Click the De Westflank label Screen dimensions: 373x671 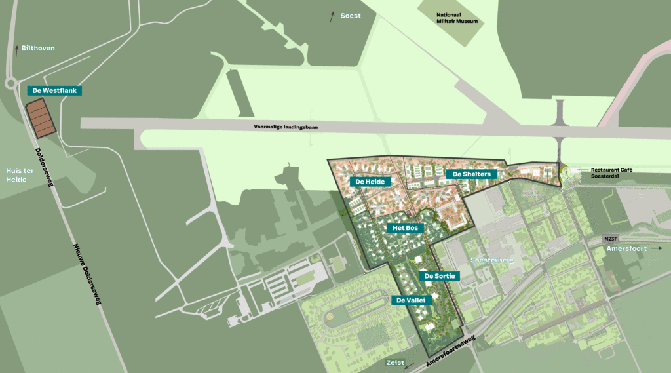point(55,91)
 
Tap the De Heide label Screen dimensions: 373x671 point(370,181)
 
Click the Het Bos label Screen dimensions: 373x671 point(406,227)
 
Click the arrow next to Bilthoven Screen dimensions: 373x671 point(16,50)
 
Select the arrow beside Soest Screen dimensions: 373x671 point(333,16)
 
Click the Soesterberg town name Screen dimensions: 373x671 point(493,260)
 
